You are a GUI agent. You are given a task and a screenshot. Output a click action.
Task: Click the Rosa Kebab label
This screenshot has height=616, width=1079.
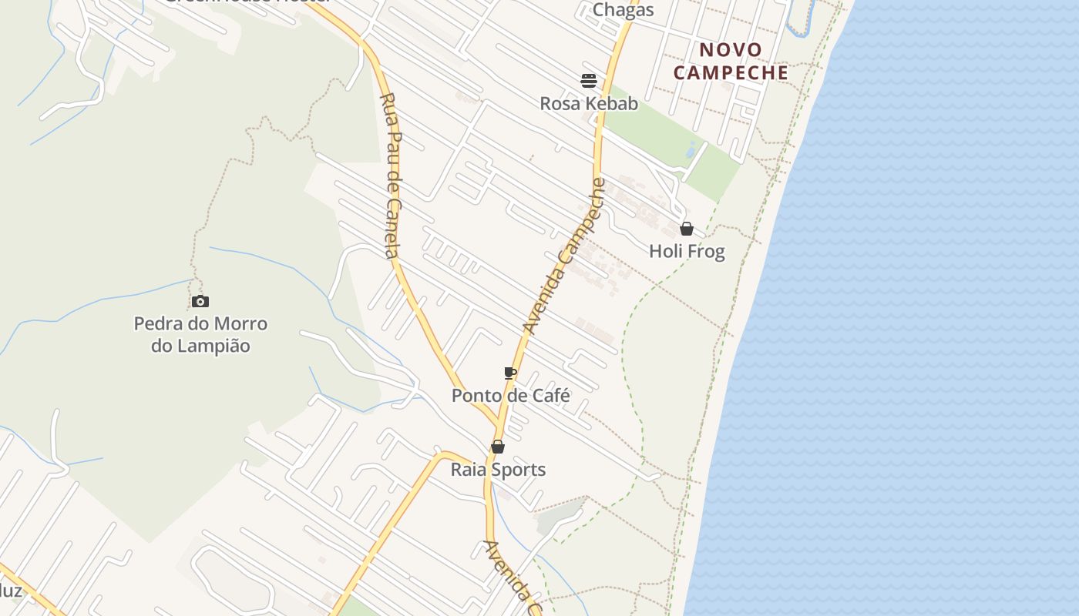coord(589,103)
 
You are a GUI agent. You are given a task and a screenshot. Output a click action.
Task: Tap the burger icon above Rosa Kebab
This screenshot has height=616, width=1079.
coord(589,80)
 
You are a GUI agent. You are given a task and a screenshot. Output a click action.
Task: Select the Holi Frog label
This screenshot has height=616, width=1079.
coord(687,252)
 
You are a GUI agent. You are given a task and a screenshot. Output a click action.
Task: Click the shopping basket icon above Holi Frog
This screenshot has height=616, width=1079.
coord(687,229)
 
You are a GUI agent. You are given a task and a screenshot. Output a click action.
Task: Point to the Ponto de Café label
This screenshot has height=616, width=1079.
coord(510,396)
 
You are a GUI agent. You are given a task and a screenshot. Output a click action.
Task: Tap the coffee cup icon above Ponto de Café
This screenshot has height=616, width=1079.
coord(509,373)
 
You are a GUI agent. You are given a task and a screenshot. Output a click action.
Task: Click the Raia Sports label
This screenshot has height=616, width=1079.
coord(498,470)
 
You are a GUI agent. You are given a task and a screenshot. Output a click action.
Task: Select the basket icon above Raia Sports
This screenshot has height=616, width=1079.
coord(498,447)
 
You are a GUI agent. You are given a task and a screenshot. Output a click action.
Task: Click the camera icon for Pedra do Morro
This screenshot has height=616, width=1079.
coord(200,301)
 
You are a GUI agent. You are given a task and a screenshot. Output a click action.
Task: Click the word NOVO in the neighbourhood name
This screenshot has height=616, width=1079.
coord(730,50)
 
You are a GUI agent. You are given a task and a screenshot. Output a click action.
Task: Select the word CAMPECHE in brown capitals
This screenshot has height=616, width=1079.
coord(731,73)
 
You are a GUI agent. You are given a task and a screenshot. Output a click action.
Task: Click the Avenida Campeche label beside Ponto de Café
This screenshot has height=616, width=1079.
coord(564,257)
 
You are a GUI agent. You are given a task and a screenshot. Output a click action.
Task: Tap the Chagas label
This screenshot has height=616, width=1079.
coord(623,10)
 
